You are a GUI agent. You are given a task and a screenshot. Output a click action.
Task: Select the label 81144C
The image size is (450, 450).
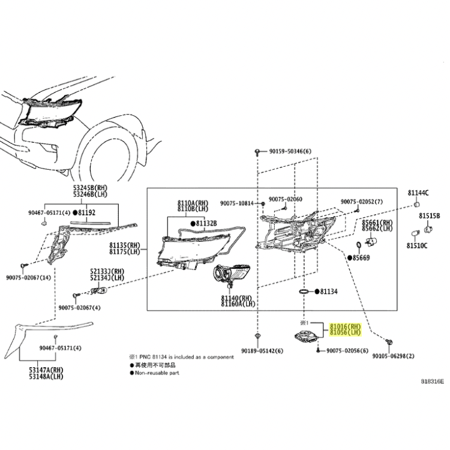(418, 193)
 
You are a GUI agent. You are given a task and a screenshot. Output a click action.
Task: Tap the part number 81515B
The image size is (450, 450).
(430, 215)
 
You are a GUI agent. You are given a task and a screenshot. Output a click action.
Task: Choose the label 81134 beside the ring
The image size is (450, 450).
(329, 292)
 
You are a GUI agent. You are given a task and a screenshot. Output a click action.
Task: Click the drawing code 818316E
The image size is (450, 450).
(432, 380)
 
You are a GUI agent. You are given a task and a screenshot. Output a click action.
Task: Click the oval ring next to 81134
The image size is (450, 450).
(305, 292)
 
